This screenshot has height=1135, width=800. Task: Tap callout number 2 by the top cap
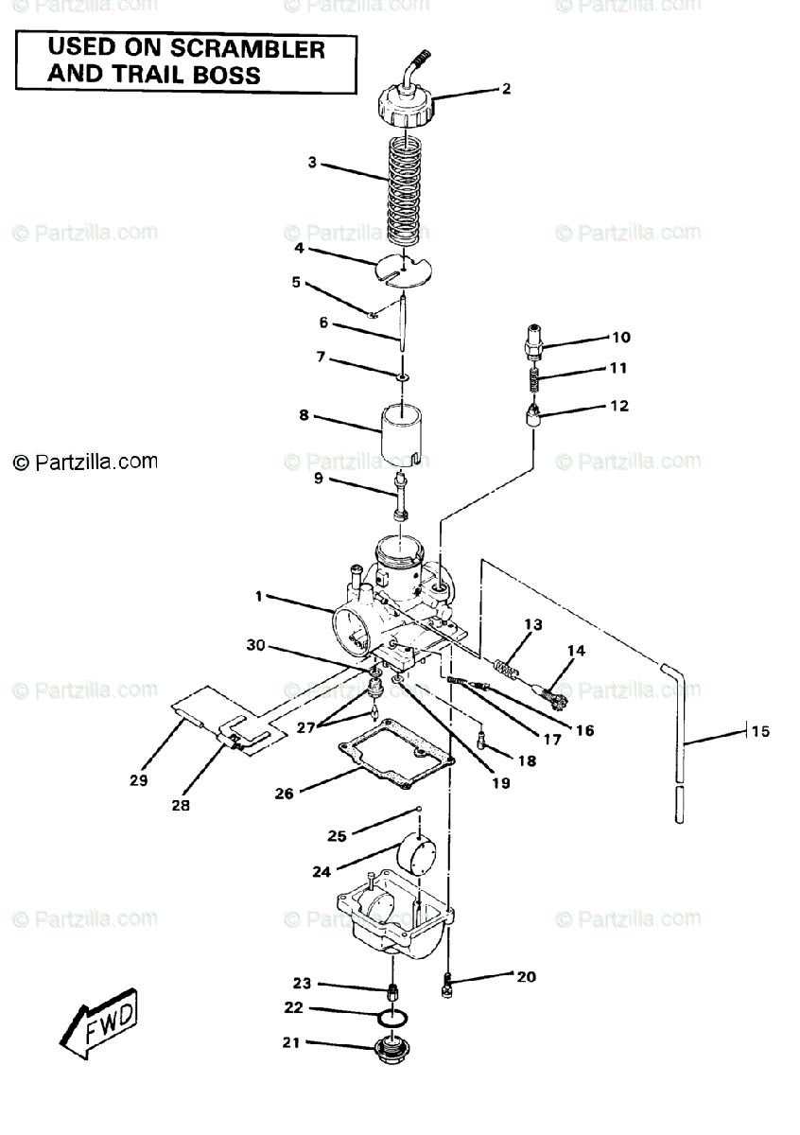click(506, 89)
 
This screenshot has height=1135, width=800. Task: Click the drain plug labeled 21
click(391, 1050)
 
